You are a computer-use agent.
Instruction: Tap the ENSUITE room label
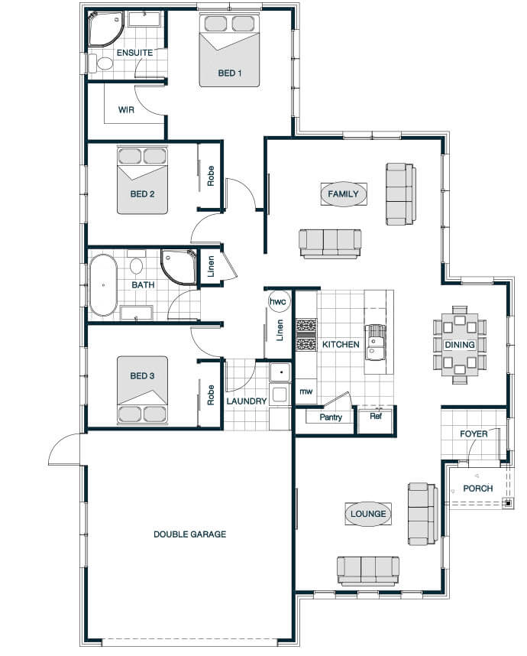(134, 53)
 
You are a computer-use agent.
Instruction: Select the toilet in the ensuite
(101, 63)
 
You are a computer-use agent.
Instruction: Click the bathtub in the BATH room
(103, 285)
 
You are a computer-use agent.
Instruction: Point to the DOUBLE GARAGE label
(189, 534)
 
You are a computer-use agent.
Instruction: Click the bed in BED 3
(143, 389)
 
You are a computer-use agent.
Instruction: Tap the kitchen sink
(375, 343)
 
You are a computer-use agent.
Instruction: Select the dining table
(459, 345)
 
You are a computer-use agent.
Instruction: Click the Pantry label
(331, 417)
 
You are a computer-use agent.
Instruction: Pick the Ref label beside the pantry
(376, 416)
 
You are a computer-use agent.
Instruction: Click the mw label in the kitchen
(306, 391)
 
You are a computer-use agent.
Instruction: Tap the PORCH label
(477, 489)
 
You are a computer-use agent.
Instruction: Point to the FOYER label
(474, 434)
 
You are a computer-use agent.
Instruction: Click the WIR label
(126, 110)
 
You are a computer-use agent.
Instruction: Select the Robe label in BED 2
(211, 176)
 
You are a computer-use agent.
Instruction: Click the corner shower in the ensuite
(105, 28)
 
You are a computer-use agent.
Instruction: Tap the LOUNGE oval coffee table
(368, 514)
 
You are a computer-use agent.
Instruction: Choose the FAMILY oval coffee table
(344, 194)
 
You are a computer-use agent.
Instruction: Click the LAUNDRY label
(247, 401)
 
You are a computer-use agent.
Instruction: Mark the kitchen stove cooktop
(307, 335)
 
